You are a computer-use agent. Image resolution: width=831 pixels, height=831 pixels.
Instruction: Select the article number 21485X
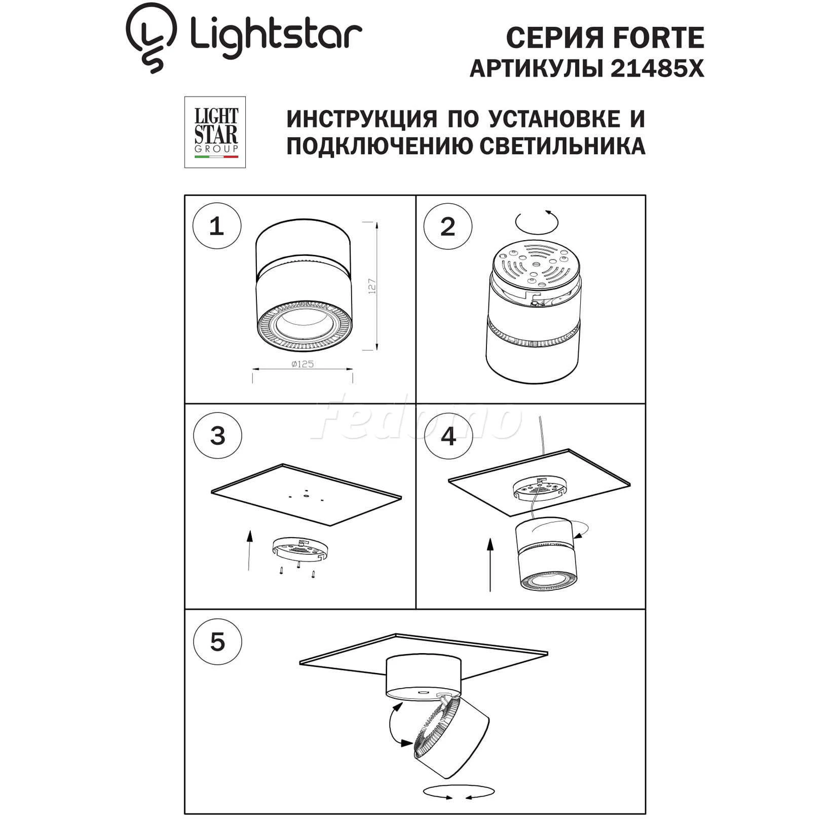657,68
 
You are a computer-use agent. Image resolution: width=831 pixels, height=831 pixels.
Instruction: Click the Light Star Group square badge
215,132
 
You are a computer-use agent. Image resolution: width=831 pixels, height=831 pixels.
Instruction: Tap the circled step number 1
216,225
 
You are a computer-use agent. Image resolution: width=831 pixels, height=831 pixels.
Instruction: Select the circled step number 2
448,227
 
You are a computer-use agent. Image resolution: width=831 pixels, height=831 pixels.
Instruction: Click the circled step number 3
217,435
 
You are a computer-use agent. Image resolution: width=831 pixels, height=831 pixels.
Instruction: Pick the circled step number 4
448,436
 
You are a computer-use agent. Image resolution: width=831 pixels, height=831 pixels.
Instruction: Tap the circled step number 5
217,642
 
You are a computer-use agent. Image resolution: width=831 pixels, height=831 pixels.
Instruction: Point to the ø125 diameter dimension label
303,364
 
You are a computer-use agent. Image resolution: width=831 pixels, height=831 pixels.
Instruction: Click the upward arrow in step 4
490,564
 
